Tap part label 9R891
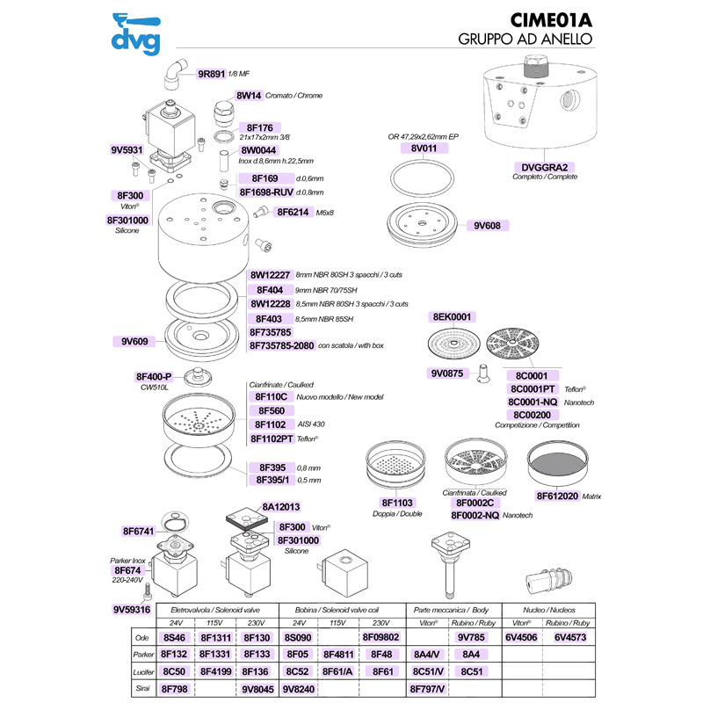coord(212,74)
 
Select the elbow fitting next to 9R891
coord(176,70)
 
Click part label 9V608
coord(487,226)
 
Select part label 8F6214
coord(293,212)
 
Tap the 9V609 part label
coord(129,340)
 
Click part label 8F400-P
coord(154,376)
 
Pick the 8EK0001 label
coord(453,316)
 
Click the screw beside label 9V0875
coord(482,373)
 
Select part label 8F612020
coord(556,496)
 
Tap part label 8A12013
coord(282,507)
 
